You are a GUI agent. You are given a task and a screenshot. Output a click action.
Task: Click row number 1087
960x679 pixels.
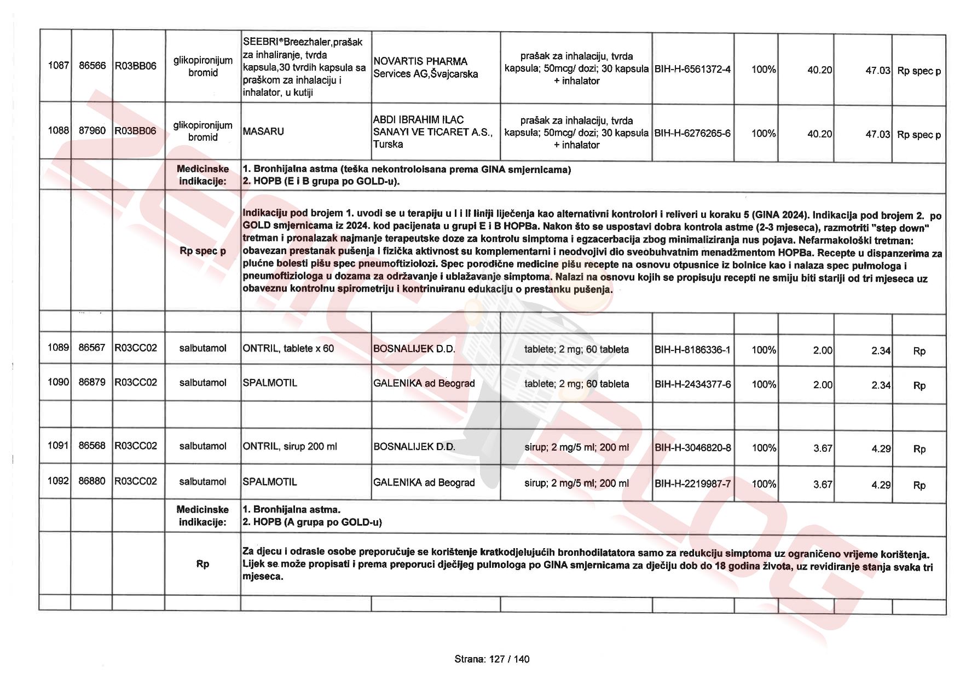pyautogui.click(x=58, y=66)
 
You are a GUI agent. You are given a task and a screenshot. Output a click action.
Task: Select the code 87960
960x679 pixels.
pyautogui.click(x=92, y=130)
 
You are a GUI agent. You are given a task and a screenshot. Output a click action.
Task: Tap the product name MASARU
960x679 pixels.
pyautogui.click(x=263, y=131)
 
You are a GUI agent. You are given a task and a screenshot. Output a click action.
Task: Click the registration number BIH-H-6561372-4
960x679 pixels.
pyautogui.click(x=692, y=70)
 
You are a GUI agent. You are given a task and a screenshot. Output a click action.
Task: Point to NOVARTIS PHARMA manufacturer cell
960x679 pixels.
pyautogui.click(x=425, y=67)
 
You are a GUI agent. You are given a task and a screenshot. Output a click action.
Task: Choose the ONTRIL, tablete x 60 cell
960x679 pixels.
pyautogui.click(x=288, y=348)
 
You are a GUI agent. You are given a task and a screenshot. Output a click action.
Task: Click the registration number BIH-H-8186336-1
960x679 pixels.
pyautogui.click(x=692, y=350)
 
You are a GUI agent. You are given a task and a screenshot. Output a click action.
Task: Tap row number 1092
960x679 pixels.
pyautogui.click(x=58, y=481)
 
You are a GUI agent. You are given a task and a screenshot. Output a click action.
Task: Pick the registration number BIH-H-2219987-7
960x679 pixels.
pyautogui.click(x=692, y=484)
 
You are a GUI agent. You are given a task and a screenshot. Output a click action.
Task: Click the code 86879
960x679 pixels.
pyautogui.click(x=92, y=382)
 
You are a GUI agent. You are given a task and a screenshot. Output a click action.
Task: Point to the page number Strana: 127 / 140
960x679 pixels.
pyautogui.click(x=491, y=659)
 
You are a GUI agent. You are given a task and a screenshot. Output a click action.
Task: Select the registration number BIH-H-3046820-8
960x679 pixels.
pyautogui.click(x=692, y=448)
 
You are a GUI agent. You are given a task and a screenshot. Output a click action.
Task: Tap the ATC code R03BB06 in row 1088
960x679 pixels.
pyautogui.click(x=135, y=131)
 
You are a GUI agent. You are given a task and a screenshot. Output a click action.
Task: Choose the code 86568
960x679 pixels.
pyautogui.click(x=92, y=446)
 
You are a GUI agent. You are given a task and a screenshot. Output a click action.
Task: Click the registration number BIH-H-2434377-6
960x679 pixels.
pyautogui.click(x=692, y=384)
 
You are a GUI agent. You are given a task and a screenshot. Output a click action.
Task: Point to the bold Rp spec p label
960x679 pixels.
pyautogui.click(x=203, y=251)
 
